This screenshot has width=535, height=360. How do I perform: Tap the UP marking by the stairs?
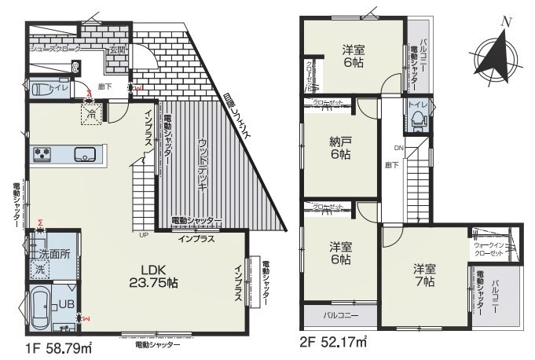[144, 234]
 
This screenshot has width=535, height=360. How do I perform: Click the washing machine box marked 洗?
[38, 269]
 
